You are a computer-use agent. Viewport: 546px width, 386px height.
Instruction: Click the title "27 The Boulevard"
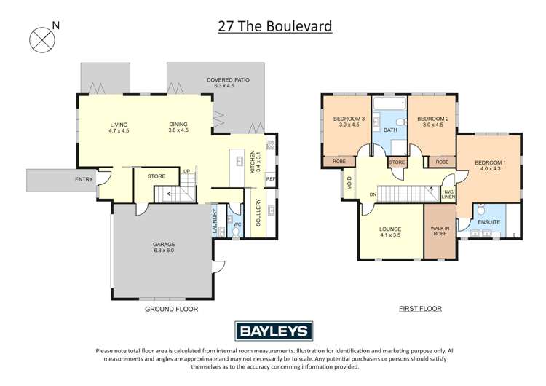(274, 27)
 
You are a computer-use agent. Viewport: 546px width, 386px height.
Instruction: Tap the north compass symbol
(41, 39)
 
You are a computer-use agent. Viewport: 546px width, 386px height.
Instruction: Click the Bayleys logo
(272, 331)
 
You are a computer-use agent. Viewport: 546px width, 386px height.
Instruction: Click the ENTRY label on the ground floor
(84, 179)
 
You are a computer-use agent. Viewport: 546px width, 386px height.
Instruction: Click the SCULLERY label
(258, 215)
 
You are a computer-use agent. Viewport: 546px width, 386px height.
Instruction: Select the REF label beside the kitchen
(270, 178)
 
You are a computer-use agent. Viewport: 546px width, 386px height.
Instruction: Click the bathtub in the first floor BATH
(388, 105)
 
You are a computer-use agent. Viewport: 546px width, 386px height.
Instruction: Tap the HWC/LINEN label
(448, 193)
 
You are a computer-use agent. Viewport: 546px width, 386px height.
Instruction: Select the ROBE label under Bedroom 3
(339, 161)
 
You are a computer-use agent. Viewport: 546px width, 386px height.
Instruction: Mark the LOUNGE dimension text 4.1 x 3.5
(391, 235)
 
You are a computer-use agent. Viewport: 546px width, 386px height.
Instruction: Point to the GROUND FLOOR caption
(171, 308)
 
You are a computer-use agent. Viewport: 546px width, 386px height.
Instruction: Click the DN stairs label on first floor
(373, 194)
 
